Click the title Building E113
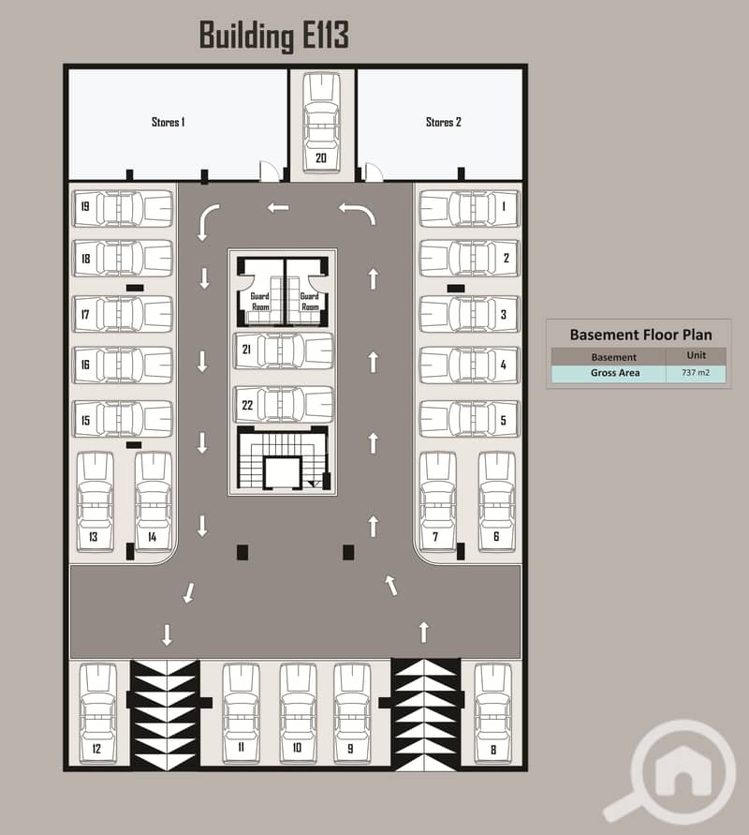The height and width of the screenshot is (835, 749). [x=273, y=35]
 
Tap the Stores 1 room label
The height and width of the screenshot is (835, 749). [x=169, y=122]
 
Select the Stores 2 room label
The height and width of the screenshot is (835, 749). [x=444, y=122]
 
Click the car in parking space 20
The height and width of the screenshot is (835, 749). [x=321, y=118]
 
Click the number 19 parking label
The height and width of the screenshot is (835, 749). [x=85, y=207]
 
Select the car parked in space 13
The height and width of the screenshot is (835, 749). [x=94, y=501]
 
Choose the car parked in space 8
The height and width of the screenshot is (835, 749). [x=492, y=712]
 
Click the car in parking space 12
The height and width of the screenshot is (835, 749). [x=97, y=712]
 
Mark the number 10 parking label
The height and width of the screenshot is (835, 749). [x=297, y=747]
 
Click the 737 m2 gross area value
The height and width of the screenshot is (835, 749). [x=696, y=373]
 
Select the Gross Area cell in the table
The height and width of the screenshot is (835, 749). [x=614, y=373]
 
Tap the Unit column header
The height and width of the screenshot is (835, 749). [x=696, y=356]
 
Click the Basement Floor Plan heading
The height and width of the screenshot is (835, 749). [x=640, y=335]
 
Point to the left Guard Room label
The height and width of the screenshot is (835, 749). [x=258, y=302]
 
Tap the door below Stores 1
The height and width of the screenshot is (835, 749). [x=270, y=171]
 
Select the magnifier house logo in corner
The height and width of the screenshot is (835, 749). [x=668, y=770]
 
